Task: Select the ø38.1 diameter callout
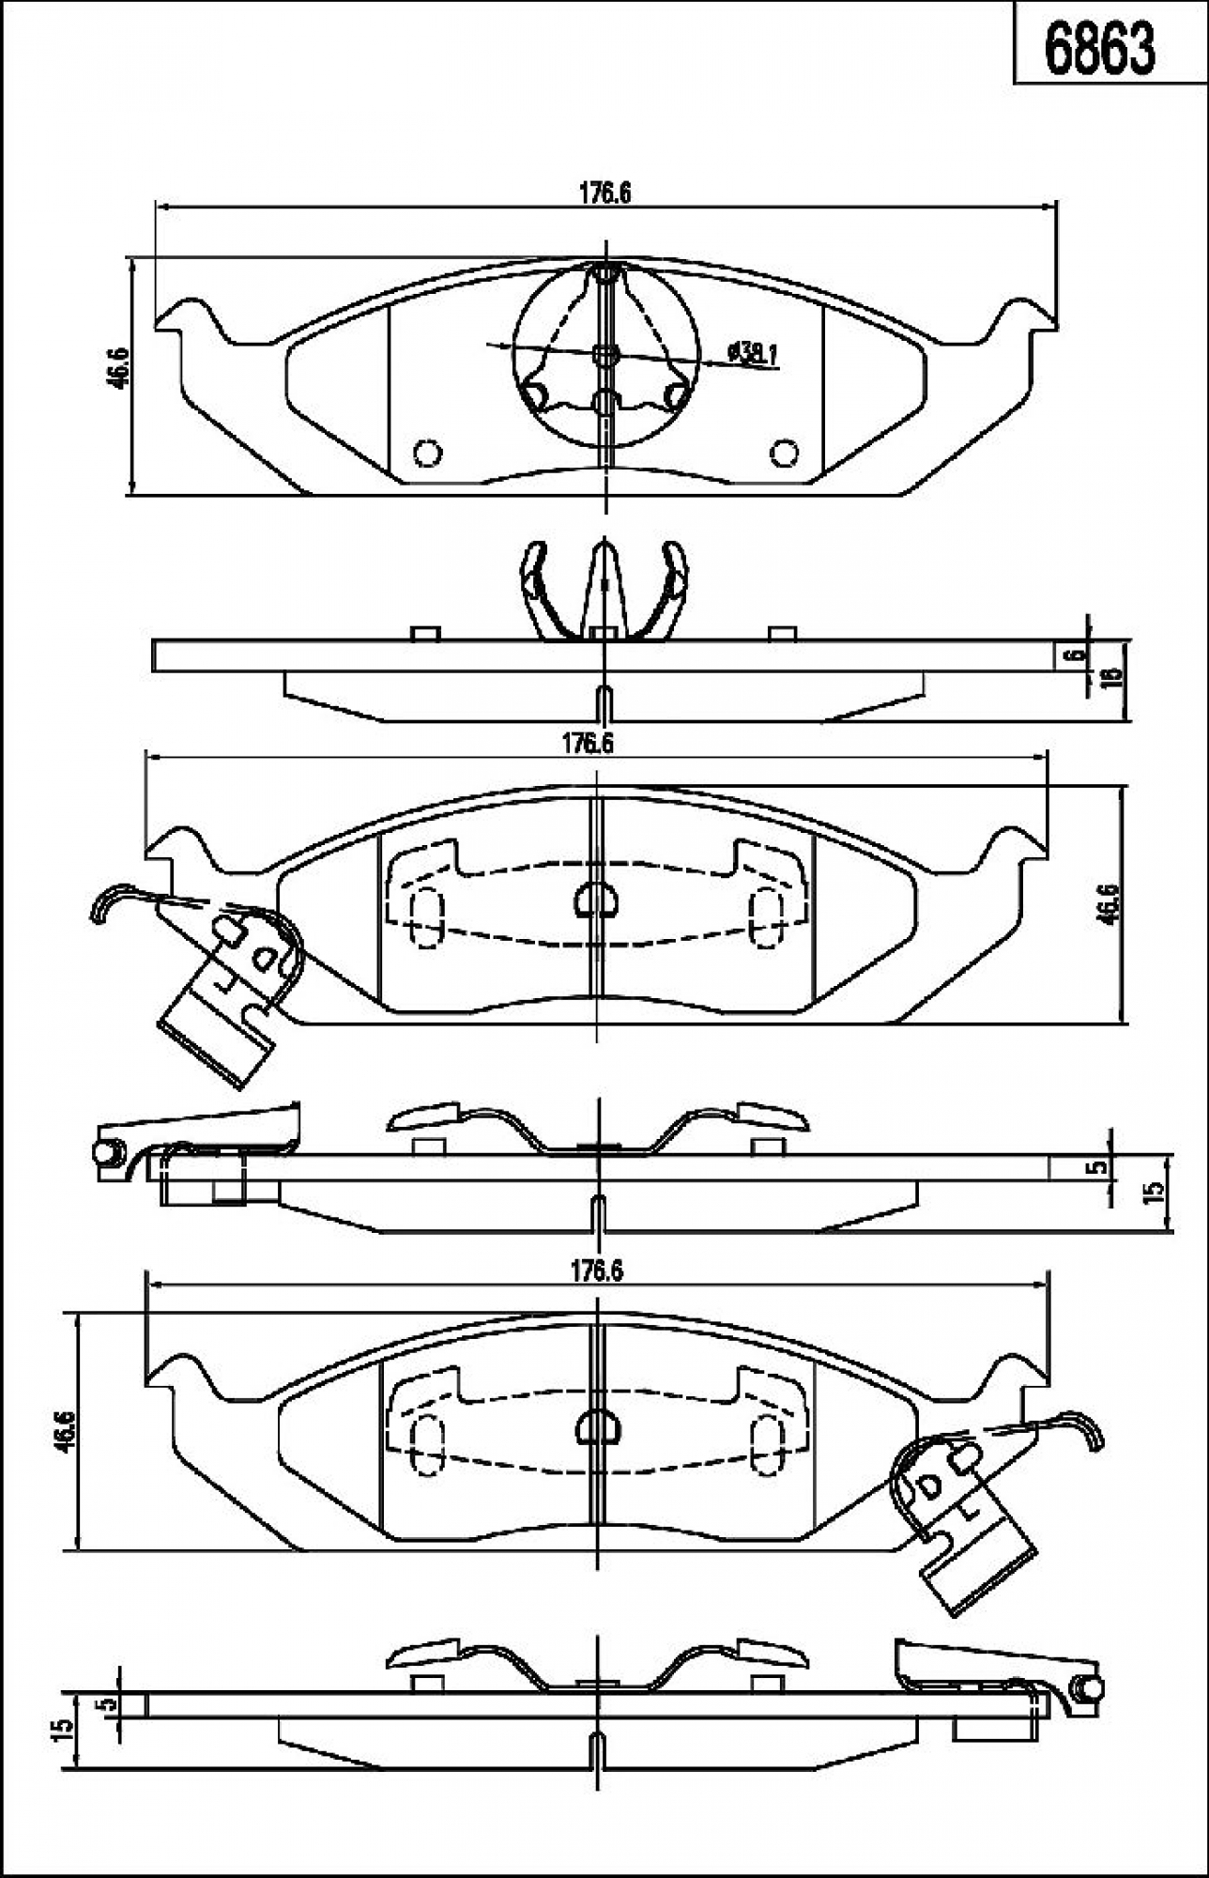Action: (x=752, y=353)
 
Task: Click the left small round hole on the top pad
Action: (x=427, y=453)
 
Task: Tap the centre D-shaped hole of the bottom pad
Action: (x=595, y=1427)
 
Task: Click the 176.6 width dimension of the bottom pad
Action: (x=598, y=1271)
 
